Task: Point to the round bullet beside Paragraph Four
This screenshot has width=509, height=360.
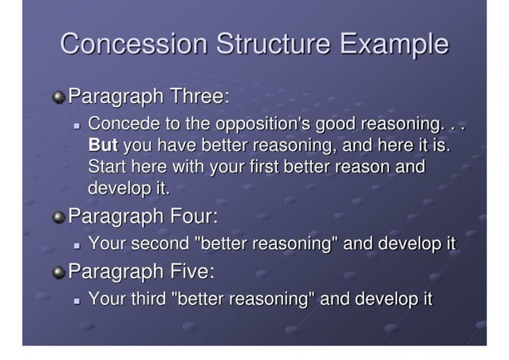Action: (x=58, y=217)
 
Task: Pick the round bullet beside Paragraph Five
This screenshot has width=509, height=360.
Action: (x=58, y=273)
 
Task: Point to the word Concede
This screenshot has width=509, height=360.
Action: (x=122, y=126)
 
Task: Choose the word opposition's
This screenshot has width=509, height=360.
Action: (x=263, y=126)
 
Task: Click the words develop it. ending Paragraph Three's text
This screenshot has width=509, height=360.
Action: (x=128, y=188)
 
